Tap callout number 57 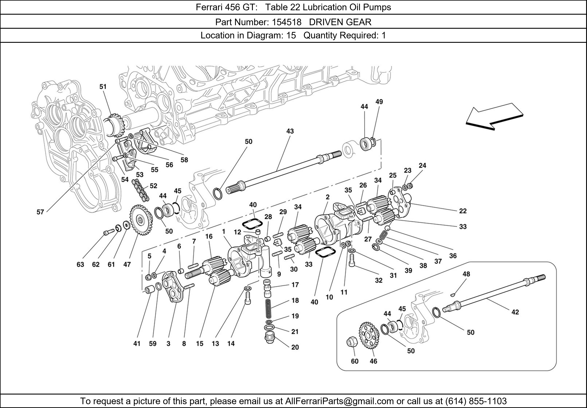coord(40,212)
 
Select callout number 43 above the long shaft coord(290,131)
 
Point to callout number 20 coord(295,347)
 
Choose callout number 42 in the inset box coord(515,312)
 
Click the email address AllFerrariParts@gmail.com coord(339,401)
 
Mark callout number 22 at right coord(463,211)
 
